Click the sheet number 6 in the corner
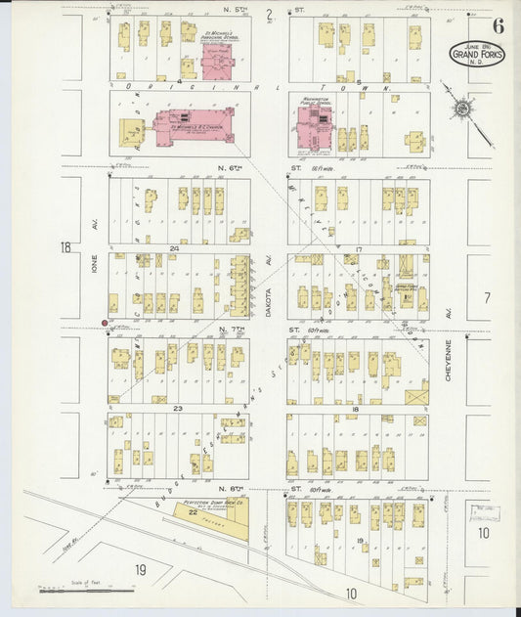[x=499, y=26]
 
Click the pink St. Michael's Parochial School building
[x=216, y=60]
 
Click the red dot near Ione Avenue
[x=106, y=322]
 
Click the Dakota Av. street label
[x=267, y=277]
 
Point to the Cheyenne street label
[x=448, y=360]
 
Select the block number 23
[x=178, y=408]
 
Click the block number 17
[x=359, y=249]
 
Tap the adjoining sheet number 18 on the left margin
[x=65, y=248]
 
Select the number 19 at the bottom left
[x=141, y=569]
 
